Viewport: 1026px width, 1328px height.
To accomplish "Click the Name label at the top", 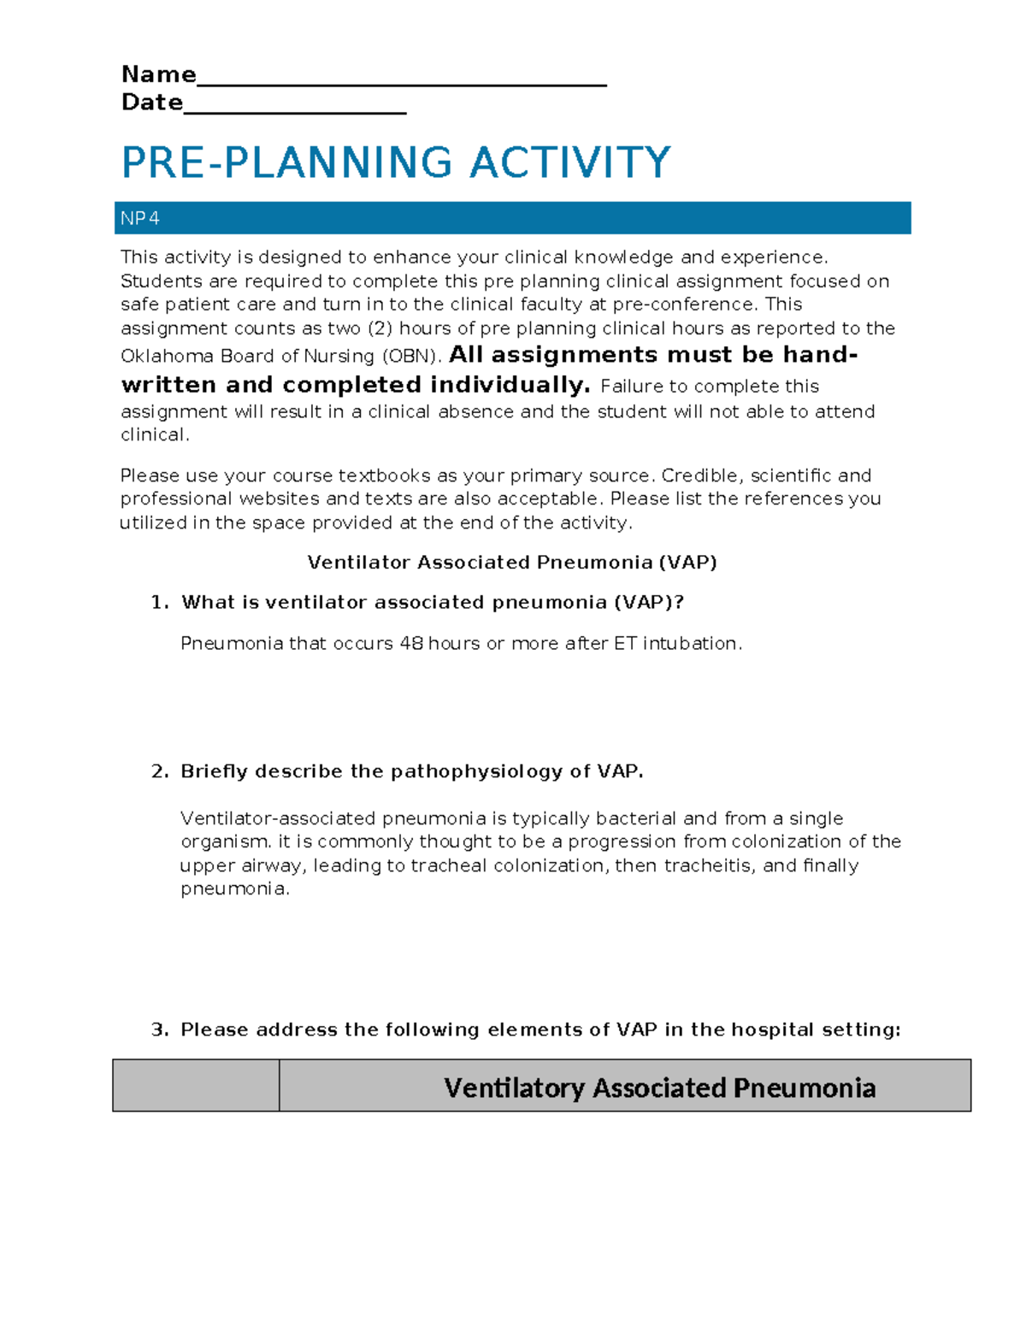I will [x=158, y=74].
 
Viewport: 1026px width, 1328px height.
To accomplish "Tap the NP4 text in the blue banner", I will [x=139, y=219].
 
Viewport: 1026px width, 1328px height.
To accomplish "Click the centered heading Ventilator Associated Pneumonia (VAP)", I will [x=511, y=563].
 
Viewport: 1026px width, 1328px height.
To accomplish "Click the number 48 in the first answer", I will [x=410, y=643].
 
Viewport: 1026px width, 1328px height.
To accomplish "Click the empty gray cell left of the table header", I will [x=196, y=1086].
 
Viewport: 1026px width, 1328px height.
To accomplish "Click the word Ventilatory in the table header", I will [x=514, y=1088].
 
